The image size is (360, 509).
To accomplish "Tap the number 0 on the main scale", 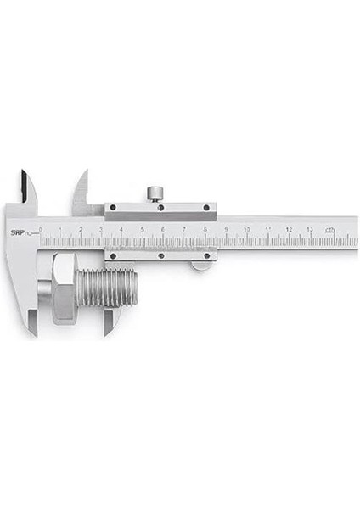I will point(40,229).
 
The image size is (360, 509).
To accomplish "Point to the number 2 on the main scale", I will point(81,229).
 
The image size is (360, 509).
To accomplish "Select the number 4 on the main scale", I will point(121,229).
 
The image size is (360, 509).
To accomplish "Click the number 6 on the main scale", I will point(163,229).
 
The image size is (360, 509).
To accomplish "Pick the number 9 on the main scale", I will point(226,229).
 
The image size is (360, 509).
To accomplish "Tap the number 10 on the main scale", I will point(246,229).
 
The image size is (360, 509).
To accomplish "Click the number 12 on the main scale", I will point(289,229).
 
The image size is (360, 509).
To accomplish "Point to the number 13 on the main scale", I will point(310,229).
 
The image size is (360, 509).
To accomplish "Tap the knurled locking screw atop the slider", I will point(154,194).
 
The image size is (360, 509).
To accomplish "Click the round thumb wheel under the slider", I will point(201,266).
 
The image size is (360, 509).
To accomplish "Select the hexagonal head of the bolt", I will point(63,288).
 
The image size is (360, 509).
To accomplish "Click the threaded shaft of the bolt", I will point(107,292).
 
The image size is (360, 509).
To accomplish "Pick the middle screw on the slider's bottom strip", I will point(160,255).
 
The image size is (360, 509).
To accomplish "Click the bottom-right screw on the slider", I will point(207,255).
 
